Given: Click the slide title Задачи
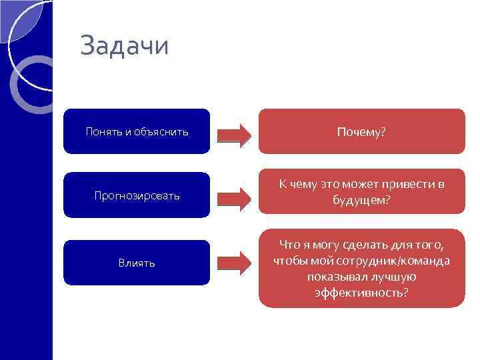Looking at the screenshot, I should coord(124,47).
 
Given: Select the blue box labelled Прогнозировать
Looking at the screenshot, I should coord(137,195).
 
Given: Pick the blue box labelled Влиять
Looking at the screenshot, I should coord(137,263).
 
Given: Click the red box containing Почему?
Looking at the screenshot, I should coord(361,131).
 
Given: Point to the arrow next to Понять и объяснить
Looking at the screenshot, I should coord(235,134).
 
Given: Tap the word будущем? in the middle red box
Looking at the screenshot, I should coord(361,199).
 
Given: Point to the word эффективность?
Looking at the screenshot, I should coord(361,293).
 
